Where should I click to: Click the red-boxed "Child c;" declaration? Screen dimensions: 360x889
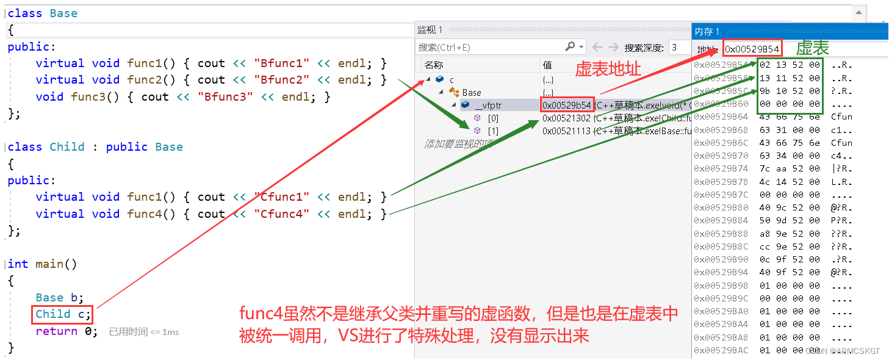(63, 314)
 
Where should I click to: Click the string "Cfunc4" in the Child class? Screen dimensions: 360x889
(281, 214)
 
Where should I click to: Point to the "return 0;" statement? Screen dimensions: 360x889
(66, 331)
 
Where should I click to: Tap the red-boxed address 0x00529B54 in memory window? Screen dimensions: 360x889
(752, 49)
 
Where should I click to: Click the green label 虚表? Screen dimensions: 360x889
(813, 48)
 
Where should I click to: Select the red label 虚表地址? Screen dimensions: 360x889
(608, 69)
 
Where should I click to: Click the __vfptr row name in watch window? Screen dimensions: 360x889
(488, 105)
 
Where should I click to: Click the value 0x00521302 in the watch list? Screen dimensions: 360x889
(566, 118)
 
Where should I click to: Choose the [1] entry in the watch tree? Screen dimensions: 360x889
(493, 131)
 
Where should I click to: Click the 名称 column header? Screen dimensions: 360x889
(434, 65)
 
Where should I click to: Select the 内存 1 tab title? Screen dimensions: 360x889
(707, 31)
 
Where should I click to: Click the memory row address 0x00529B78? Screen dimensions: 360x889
(721, 182)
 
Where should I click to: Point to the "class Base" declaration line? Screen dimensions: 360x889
(43, 13)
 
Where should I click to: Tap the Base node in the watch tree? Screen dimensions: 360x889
(471, 92)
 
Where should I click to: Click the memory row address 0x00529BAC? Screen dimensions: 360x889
(721, 350)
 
